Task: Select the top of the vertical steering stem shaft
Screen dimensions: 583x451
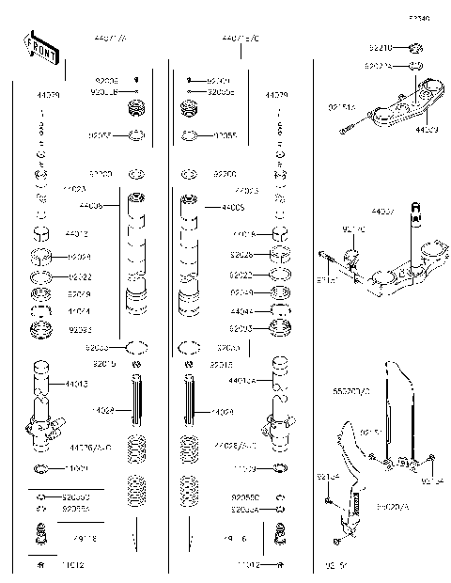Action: point(413,222)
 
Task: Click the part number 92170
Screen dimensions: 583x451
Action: point(352,229)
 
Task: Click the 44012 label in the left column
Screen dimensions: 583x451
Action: point(77,233)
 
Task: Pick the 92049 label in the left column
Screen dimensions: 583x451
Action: point(79,293)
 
